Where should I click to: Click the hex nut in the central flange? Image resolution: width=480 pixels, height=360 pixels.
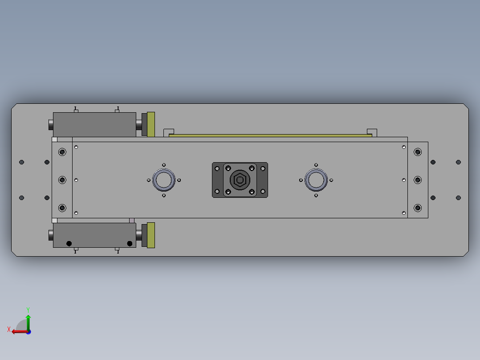point(240,180)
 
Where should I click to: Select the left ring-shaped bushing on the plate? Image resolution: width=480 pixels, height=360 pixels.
point(164,180)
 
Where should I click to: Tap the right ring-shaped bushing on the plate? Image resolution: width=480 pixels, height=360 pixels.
point(316,180)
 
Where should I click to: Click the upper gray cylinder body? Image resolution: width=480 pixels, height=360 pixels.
point(94,124)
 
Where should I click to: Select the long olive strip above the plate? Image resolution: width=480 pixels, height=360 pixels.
point(270,135)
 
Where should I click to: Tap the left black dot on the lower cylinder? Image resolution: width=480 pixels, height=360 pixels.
point(69,243)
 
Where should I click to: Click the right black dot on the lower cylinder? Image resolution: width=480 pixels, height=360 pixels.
point(130,243)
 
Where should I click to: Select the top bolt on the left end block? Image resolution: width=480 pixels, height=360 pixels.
point(62,152)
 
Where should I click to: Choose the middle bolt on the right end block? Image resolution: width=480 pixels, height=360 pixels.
point(418,180)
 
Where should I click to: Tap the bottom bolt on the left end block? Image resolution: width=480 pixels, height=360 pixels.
point(62,208)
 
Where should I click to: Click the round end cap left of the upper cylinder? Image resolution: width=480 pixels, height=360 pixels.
point(51,125)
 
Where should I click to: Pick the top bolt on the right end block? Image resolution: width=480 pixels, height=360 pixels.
point(418,152)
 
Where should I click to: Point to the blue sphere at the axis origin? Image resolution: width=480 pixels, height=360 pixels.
point(28,331)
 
